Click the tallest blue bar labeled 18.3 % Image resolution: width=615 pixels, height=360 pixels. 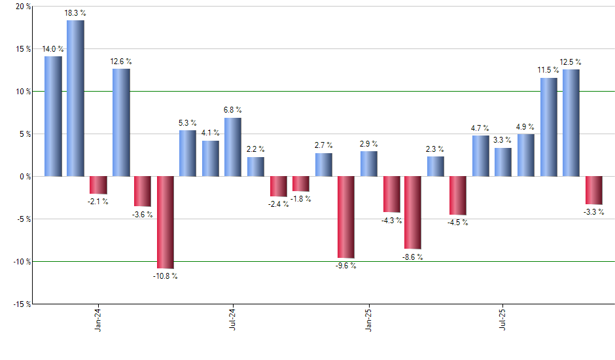pos(75,98)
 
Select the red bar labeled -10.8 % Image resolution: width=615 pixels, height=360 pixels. pos(165,223)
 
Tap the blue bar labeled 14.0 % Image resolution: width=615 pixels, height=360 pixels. pos(53,117)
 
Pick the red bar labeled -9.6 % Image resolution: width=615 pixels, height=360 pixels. pos(345,217)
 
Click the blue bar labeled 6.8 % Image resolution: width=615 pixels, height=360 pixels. pos(232,147)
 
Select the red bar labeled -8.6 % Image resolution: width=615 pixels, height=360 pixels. pos(412,213)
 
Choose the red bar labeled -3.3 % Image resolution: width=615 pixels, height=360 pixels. pos(593,190)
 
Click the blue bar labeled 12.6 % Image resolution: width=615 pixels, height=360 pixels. pos(121,122)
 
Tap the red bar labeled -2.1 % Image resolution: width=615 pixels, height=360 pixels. pos(98,185)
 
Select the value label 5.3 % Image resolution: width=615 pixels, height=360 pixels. pos(188,123)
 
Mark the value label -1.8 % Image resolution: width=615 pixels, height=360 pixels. pos(300,199)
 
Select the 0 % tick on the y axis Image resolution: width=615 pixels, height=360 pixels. pos(24,177)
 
